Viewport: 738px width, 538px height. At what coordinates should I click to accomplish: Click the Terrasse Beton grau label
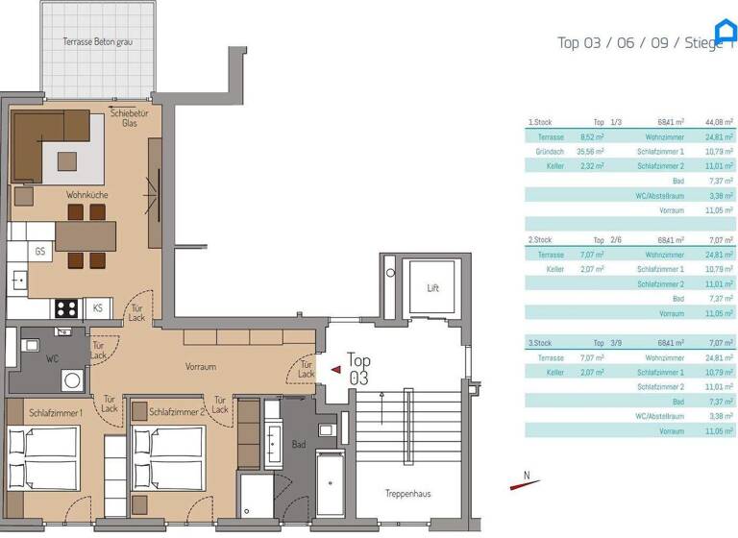pyautogui.click(x=96, y=42)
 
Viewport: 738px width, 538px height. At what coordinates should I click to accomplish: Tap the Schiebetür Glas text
pyautogui.click(x=129, y=118)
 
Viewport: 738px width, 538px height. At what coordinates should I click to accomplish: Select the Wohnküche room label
pyautogui.click(x=86, y=195)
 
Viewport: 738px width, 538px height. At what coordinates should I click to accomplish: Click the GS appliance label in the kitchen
pyautogui.click(x=40, y=252)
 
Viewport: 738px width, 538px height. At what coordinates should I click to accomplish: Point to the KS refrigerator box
pyautogui.click(x=97, y=308)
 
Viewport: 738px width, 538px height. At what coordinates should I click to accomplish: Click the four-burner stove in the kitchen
pyautogui.click(x=66, y=308)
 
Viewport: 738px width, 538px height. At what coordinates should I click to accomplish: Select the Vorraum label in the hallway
pyautogui.click(x=201, y=367)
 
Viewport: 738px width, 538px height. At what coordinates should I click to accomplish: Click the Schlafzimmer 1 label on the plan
pyautogui.click(x=55, y=411)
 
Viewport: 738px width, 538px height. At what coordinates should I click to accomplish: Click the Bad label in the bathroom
pyautogui.click(x=298, y=445)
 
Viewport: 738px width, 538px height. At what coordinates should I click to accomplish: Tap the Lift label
pyautogui.click(x=433, y=288)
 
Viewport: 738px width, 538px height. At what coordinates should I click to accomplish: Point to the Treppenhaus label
pyautogui.click(x=407, y=493)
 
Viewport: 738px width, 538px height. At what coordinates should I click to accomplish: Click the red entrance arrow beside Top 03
pyautogui.click(x=335, y=368)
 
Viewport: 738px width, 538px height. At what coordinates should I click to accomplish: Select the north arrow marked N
pyautogui.click(x=525, y=480)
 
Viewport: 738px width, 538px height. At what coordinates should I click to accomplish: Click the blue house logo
pyautogui.click(x=725, y=30)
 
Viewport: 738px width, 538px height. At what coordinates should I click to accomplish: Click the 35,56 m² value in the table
pyautogui.click(x=590, y=152)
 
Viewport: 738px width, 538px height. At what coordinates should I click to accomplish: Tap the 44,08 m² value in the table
pyautogui.click(x=719, y=122)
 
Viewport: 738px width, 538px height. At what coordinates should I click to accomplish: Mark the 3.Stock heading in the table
pyautogui.click(x=539, y=343)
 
